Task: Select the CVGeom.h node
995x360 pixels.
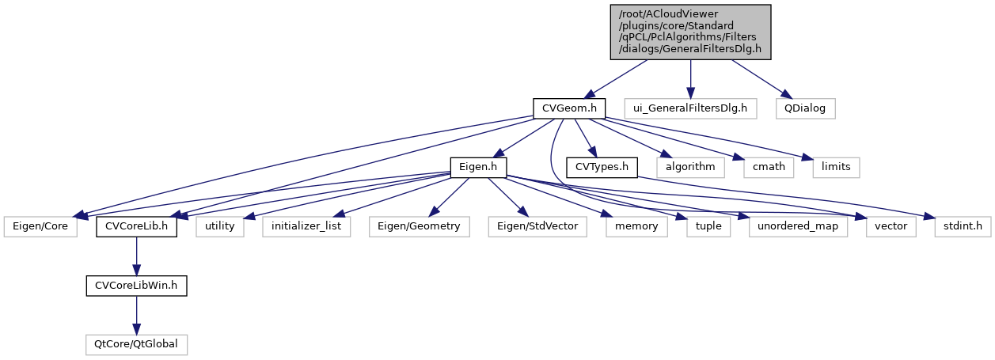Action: tap(568, 107)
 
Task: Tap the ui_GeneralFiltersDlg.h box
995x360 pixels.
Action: tap(690, 107)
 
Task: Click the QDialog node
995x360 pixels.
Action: tap(804, 107)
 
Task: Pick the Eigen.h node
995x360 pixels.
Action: tap(478, 167)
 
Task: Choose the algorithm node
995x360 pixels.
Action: tap(689, 167)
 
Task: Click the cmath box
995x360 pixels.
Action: tap(768, 167)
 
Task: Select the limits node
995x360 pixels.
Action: tap(837, 167)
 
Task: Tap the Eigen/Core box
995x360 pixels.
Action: tap(41, 227)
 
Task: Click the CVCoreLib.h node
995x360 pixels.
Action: tap(136, 227)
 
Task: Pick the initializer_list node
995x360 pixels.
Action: tap(307, 227)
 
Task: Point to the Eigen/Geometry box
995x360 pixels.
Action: tap(420, 227)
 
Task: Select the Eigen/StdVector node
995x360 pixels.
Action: tap(537, 227)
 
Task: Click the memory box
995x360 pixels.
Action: tap(636, 227)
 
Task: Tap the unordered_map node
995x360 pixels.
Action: tap(798, 227)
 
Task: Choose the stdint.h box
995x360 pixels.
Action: tap(962, 227)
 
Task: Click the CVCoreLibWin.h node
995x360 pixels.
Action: tap(136, 286)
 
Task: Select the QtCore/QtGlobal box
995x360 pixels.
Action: tap(136, 344)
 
